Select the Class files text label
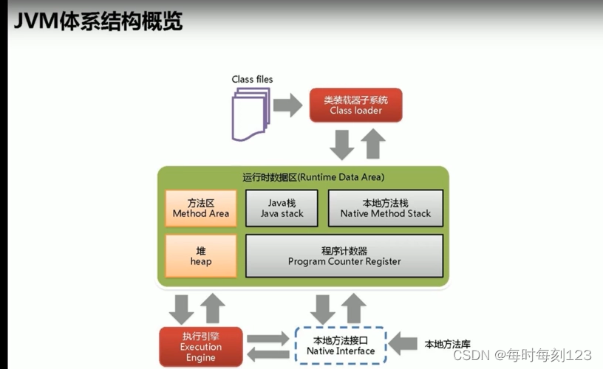pos(252,79)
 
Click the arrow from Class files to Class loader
pos(287,104)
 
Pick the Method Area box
pos(201,207)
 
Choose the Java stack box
pos(282,207)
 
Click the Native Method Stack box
pos(385,207)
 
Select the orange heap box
pos(201,256)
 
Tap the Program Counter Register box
pos(344,256)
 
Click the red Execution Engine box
pos(201,346)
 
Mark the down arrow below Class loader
pos(341,143)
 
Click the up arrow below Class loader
pos(374,143)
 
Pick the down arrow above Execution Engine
pos(181,308)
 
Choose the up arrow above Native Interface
pos(353,308)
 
